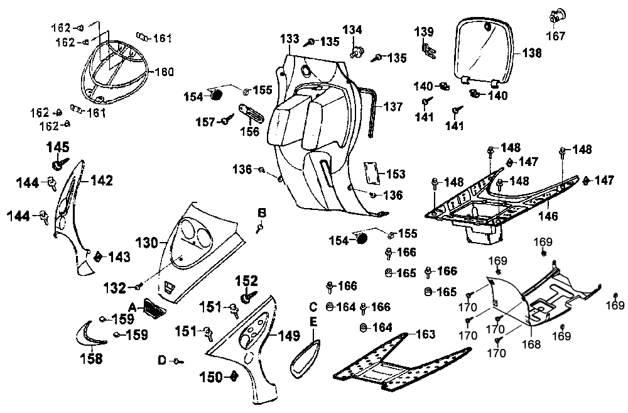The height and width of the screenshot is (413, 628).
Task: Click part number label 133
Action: pyautogui.click(x=290, y=39)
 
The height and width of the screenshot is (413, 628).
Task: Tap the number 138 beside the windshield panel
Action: pyautogui.click(x=531, y=53)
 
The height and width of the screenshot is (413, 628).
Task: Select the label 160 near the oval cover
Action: pyautogui.click(x=164, y=72)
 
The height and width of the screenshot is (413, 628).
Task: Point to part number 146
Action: pyautogui.click(x=548, y=216)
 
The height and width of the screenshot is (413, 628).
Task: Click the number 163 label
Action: pyautogui.click(x=425, y=334)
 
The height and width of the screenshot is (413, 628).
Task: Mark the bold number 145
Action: pyautogui.click(x=58, y=147)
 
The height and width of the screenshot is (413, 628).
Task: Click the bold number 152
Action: pyautogui.click(x=247, y=280)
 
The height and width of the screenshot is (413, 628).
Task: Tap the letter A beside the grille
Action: pyautogui.click(x=133, y=306)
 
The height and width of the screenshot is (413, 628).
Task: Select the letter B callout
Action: pyautogui.click(x=261, y=212)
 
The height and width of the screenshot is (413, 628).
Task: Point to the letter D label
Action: pyautogui.click(x=161, y=360)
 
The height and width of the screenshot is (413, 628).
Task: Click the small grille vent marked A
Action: pyautogui.click(x=152, y=307)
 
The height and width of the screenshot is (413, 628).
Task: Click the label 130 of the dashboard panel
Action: pyautogui.click(x=148, y=241)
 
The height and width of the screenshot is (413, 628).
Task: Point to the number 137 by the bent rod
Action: pyautogui.click(x=393, y=107)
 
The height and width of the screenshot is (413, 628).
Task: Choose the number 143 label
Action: pyautogui.click(x=119, y=257)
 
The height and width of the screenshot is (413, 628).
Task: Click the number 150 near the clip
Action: pyautogui.click(x=211, y=377)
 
